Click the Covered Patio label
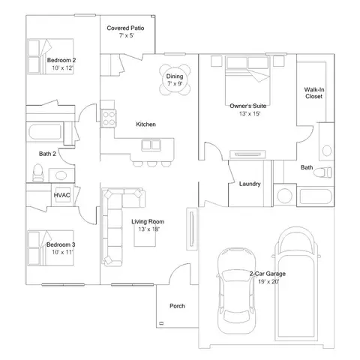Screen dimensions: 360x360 click(x=125, y=28)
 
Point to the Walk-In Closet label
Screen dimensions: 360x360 click(x=313, y=92)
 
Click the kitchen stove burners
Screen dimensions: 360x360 click(x=109, y=118)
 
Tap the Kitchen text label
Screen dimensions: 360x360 click(x=145, y=124)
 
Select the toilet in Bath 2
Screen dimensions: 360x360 click(x=37, y=173)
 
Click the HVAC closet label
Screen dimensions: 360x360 click(x=61, y=195)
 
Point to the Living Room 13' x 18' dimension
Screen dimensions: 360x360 click(x=147, y=229)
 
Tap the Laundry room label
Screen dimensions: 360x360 click(x=249, y=184)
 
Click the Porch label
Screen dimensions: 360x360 click(x=177, y=306)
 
